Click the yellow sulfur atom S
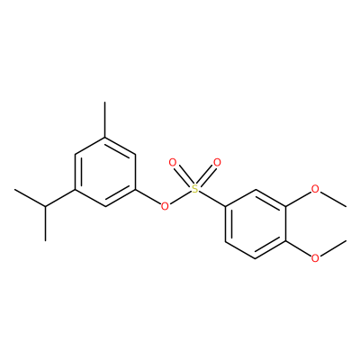point(194,189)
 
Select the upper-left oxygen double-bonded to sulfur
point(173,163)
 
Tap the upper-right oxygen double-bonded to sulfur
point(217,163)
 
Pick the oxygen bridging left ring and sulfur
point(165,206)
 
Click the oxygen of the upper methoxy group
point(315,189)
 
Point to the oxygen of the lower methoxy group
point(315,258)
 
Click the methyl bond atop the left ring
point(104,120)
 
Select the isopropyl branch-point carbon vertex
point(45,206)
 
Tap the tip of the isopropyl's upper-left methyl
point(14,189)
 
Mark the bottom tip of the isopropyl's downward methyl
point(45,240)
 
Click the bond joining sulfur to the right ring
point(211,199)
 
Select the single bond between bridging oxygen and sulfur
point(180,198)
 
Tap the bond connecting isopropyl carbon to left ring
point(60,198)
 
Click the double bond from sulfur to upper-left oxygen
point(183,175)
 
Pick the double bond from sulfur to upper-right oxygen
point(207,175)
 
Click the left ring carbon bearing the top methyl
point(104,137)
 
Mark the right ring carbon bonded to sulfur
point(225,206)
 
